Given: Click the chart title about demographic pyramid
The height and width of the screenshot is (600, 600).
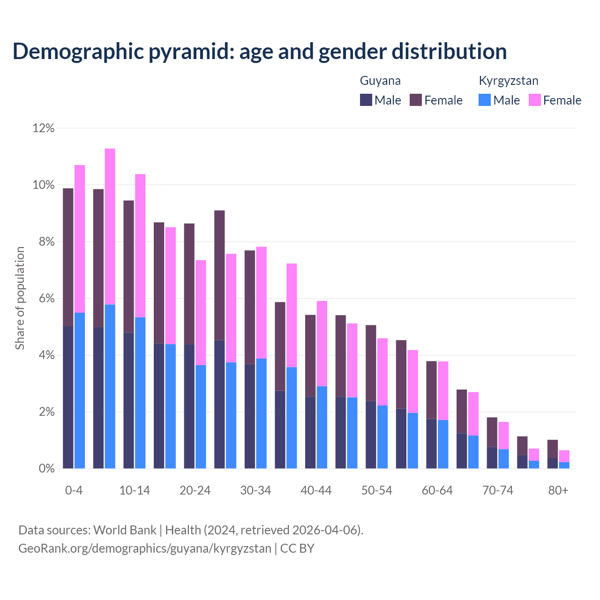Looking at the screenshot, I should (x=260, y=52).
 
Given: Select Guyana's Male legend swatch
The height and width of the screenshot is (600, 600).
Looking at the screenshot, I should (x=366, y=100).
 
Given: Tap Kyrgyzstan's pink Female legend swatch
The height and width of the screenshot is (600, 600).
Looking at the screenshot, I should (x=534, y=100).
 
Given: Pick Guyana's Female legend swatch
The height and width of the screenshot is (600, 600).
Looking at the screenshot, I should (x=416, y=100).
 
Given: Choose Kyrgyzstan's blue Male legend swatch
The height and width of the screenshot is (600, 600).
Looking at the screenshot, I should (x=485, y=100).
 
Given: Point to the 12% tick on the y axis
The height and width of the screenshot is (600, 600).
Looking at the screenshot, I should (x=44, y=128).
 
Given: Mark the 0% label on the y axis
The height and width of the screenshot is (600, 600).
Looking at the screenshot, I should (x=46, y=469).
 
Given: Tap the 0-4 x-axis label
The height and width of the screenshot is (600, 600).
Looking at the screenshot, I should (x=74, y=490).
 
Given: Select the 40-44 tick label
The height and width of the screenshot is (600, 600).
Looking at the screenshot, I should (x=316, y=490).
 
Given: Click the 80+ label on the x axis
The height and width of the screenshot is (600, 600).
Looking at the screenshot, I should (x=558, y=490).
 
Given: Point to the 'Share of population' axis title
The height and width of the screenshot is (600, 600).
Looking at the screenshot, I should (x=20, y=298).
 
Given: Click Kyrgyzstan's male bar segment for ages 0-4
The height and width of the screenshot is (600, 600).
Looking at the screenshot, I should (x=80, y=390).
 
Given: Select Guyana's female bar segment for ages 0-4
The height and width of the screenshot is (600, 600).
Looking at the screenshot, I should (x=68, y=257).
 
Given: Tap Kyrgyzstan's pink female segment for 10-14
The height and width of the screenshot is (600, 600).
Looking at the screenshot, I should (x=140, y=246).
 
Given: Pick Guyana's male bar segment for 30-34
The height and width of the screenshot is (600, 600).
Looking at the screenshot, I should (x=250, y=416).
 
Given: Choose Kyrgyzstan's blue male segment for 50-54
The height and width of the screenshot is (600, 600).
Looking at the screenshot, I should (x=382, y=437).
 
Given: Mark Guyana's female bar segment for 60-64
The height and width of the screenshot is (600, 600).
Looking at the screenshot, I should (x=431, y=390).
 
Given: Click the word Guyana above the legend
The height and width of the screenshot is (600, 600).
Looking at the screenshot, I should (x=380, y=81).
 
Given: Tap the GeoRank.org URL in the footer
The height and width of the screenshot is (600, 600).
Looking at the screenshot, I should (x=145, y=548).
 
